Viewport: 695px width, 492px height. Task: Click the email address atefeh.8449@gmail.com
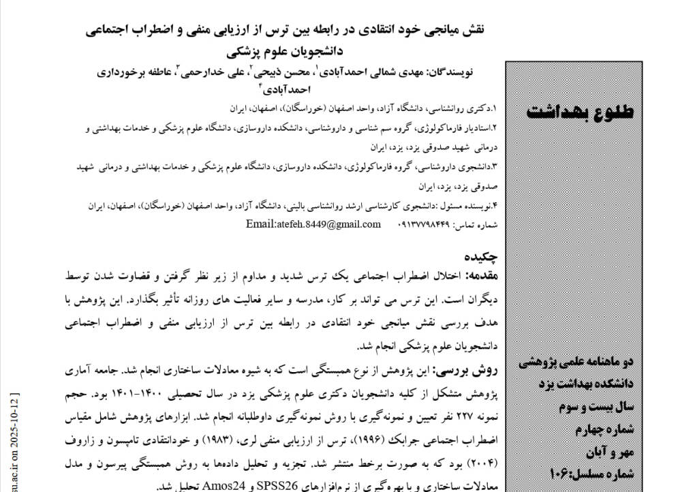(304, 224)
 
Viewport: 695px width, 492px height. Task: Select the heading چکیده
(482, 257)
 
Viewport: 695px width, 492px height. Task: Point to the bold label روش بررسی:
(469, 371)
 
